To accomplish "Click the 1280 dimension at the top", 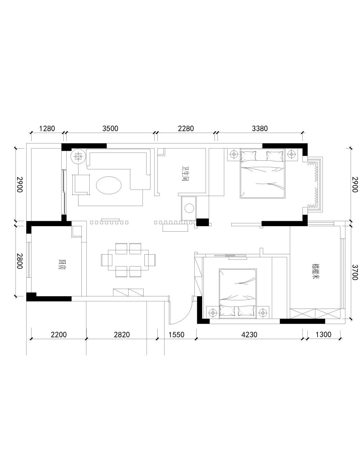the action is pos(47,128).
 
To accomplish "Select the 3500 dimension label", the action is pos(110,128).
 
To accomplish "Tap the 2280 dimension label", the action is pos(186,128).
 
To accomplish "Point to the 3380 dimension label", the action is pos(260,128).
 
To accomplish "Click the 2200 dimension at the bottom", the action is pos(59,334).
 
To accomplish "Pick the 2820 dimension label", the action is pos(122,334).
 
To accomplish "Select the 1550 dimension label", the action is pos(176,334).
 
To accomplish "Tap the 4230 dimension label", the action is pos(249,334).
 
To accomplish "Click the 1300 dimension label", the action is pos(323,334).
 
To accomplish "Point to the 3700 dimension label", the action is pos(355,272).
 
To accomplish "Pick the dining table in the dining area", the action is pos(128,260).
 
